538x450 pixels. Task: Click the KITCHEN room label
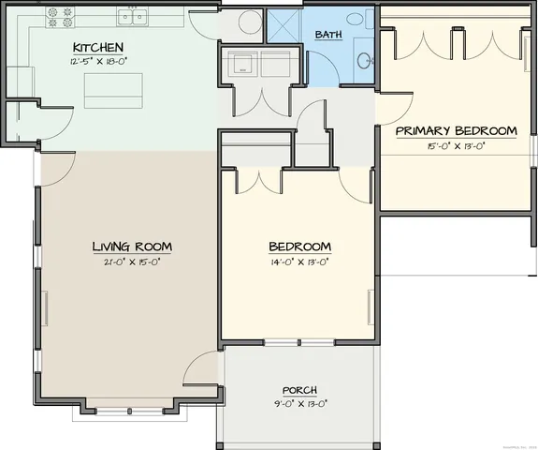click(x=98, y=47)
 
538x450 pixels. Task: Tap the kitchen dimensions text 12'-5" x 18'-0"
click(x=98, y=62)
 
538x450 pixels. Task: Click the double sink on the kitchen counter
click(x=131, y=17)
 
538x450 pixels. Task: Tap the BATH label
click(x=328, y=35)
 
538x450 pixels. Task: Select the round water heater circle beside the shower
click(x=250, y=22)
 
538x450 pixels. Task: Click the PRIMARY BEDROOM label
click(x=456, y=130)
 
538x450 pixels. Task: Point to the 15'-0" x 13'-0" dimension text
click(x=456, y=145)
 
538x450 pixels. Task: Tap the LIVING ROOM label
click(x=131, y=247)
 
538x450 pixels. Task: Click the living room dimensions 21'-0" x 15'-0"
click(x=131, y=262)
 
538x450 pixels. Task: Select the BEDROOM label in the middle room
click(x=299, y=247)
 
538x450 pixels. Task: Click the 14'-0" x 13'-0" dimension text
click(x=299, y=262)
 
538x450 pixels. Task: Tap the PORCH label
click(x=299, y=390)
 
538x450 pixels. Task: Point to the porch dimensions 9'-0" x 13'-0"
click(x=299, y=404)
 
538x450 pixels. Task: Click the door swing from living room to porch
click(x=201, y=370)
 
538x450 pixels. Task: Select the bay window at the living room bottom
click(x=125, y=409)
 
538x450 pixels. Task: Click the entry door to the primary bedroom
click(x=393, y=109)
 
